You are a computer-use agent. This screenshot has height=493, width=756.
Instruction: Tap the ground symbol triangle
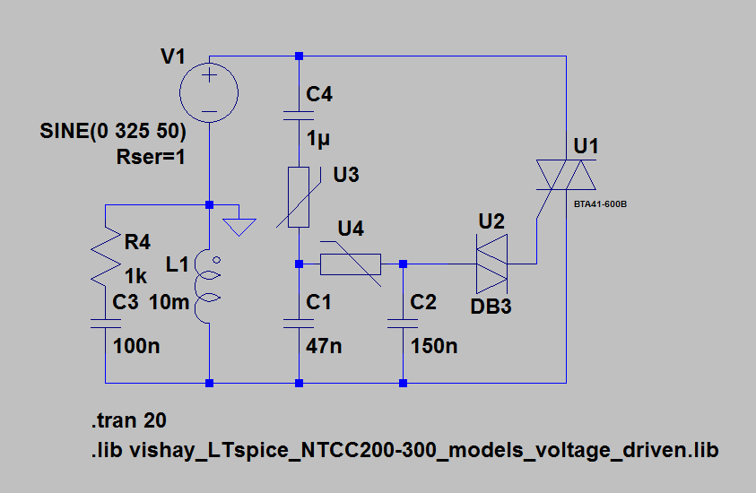coord(238,222)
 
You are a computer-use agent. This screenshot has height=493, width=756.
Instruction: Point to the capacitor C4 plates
coord(298,114)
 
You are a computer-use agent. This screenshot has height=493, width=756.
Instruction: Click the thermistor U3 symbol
coord(299,196)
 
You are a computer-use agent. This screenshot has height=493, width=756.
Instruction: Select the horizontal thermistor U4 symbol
coord(351,264)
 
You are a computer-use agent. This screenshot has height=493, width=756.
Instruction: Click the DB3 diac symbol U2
coord(491,264)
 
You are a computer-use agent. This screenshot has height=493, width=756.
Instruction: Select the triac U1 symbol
coord(565,175)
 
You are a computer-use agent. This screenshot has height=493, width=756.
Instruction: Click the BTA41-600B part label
coord(599,204)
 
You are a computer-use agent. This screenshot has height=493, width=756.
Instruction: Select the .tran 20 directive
coord(128,420)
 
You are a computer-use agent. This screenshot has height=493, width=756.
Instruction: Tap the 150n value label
coord(434,346)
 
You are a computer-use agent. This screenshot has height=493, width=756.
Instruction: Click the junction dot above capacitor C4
coord(299,56)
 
